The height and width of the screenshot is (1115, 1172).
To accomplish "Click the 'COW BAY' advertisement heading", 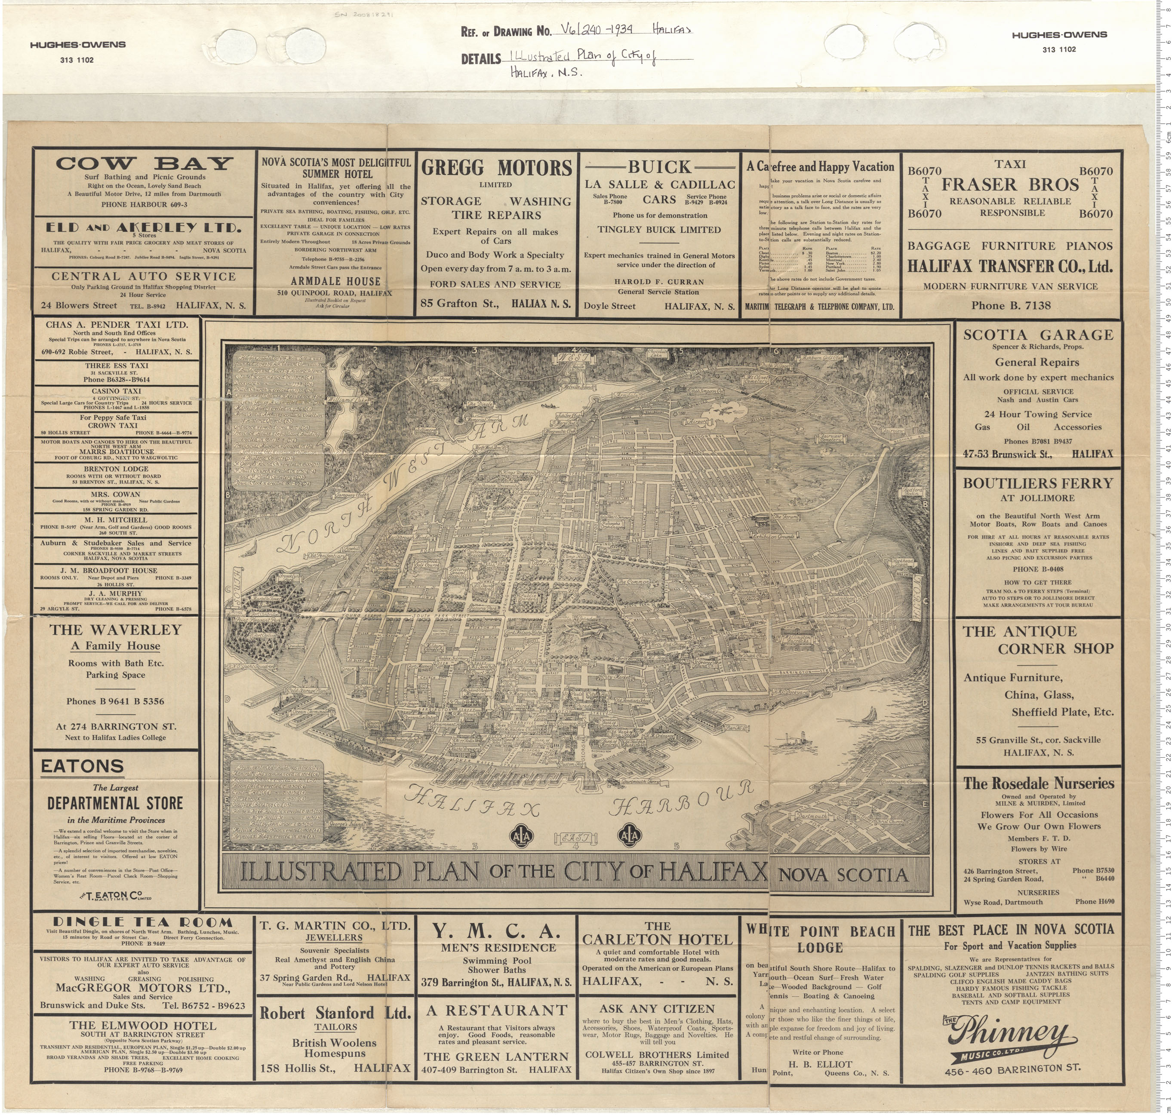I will tap(143, 163).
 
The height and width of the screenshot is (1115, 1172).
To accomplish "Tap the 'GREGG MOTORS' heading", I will tap(496, 168).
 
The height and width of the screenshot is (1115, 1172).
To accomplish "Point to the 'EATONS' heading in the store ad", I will tap(83, 767).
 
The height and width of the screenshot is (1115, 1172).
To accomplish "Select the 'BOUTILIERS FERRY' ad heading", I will tap(1038, 483).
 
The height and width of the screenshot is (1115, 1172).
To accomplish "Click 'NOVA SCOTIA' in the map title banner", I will tap(843, 874).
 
